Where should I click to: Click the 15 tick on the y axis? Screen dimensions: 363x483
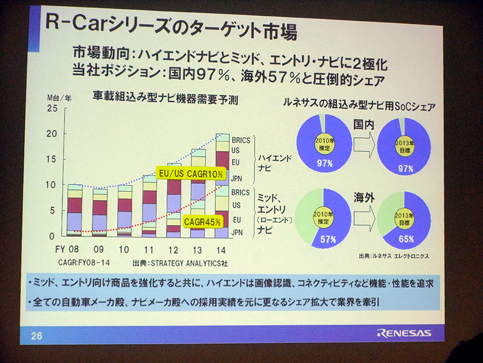(52, 159)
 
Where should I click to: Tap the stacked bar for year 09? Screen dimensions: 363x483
(100, 211)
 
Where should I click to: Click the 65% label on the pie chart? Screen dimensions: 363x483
(406, 239)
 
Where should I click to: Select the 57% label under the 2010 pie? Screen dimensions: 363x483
(328, 239)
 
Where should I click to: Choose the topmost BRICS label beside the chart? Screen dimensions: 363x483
(240, 140)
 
